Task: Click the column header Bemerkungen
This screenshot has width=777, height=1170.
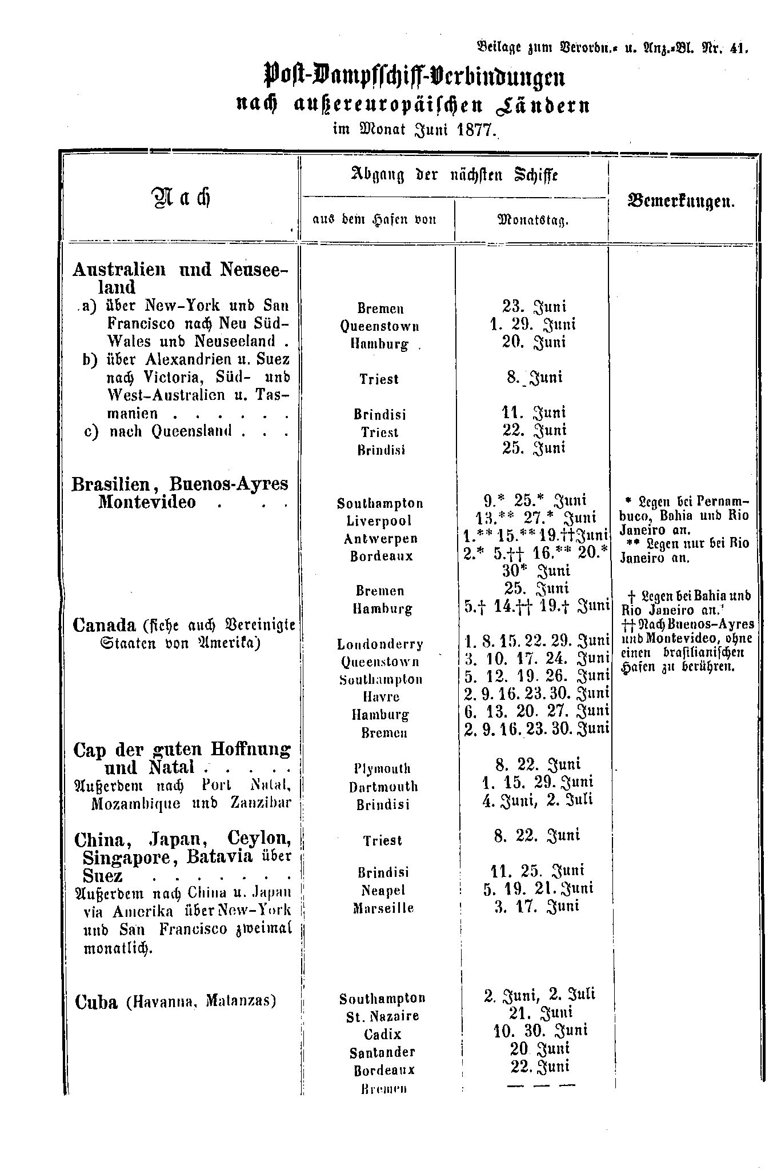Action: (681, 202)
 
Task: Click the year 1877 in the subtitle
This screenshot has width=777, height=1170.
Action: (474, 130)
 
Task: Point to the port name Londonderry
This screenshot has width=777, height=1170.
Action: (380, 644)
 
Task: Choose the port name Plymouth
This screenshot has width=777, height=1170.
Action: (382, 768)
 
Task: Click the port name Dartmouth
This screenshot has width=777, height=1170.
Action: (383, 787)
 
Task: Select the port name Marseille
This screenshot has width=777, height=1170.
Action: (383, 908)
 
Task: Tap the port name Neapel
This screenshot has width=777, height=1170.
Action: (383, 890)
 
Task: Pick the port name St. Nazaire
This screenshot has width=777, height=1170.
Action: (382, 1016)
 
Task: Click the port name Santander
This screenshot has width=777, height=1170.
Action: (382, 1052)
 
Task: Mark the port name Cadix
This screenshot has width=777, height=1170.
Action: (382, 1034)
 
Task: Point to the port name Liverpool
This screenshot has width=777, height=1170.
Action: (379, 521)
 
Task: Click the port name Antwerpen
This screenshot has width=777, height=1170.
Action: (381, 539)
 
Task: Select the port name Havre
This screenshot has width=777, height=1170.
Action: (381, 697)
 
